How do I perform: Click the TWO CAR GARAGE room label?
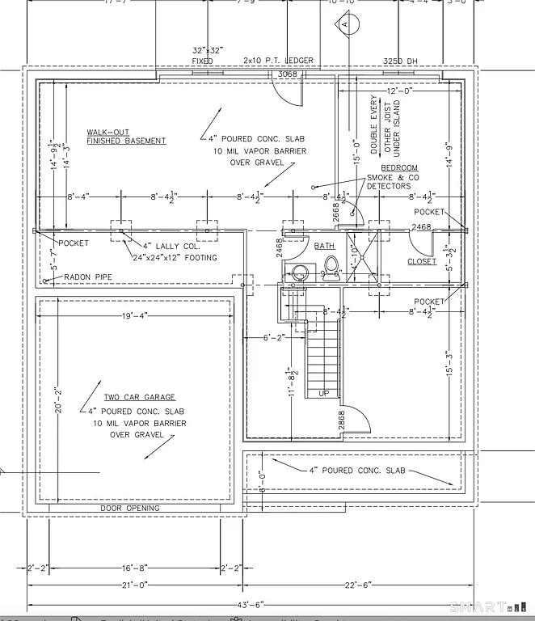pyautogui.click(x=138, y=398)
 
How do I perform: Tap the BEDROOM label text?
pyautogui.click(x=401, y=168)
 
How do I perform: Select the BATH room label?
pyautogui.click(x=324, y=246)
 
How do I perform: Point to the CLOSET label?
pyautogui.click(x=422, y=261)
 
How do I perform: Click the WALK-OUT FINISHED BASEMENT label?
pyautogui.click(x=126, y=137)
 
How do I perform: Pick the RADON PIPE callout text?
pyautogui.click(x=88, y=277)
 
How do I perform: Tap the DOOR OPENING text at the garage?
pyautogui.click(x=129, y=508)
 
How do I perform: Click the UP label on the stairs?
pyautogui.click(x=324, y=393)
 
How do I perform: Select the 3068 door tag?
pyautogui.click(x=288, y=75)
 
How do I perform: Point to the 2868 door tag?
pyautogui.click(x=342, y=420)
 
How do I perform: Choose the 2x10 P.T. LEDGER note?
pyautogui.click(x=255, y=61)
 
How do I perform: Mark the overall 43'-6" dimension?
pyautogui.click(x=246, y=604)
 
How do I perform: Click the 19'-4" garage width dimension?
pyautogui.click(x=136, y=316)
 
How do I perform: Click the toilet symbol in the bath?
pyautogui.click(x=330, y=265)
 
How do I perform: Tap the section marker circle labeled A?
pyautogui.click(x=344, y=25)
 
